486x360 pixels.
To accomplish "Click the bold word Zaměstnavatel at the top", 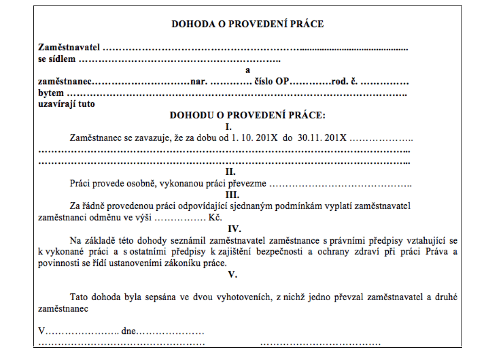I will click(x=69, y=48).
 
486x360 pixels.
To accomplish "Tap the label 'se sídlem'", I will click(x=57, y=59).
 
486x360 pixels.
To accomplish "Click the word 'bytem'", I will click(x=51, y=93).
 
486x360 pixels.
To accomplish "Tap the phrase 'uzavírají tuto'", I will click(x=66, y=104).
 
